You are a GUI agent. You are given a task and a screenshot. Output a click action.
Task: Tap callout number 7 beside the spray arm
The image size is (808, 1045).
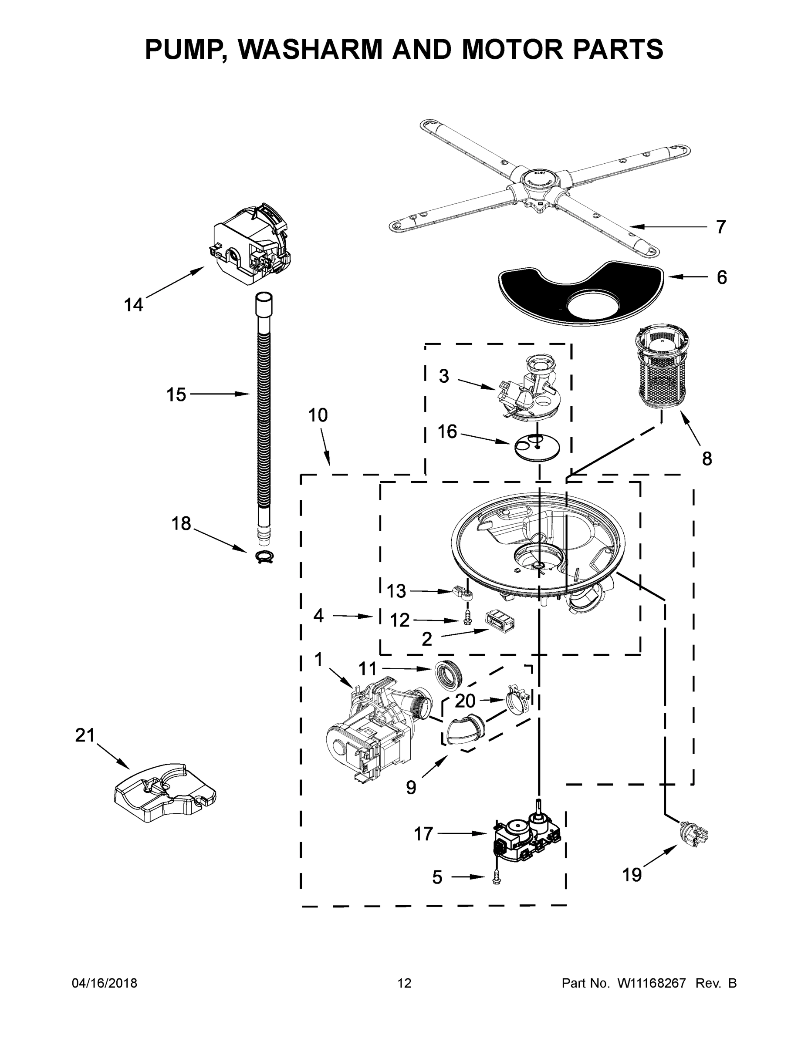pos(721,227)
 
